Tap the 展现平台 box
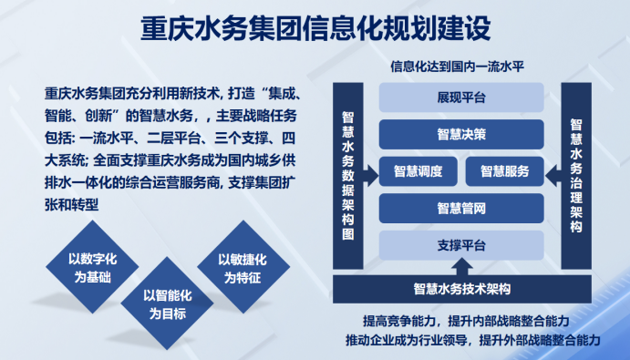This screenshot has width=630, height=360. [460, 98]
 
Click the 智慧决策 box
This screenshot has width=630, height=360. [460, 134]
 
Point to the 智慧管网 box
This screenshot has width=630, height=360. [460, 208]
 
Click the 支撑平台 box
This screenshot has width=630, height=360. [460, 245]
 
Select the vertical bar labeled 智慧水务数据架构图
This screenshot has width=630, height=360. [349, 175]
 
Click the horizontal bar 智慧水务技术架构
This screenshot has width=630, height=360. [460, 290]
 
